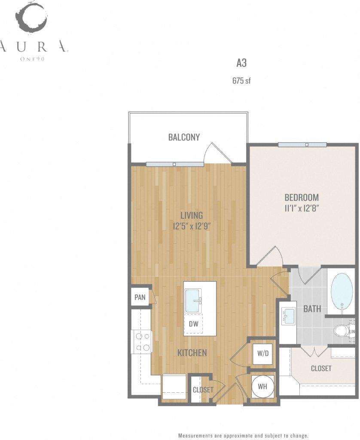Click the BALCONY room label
pos(184,137)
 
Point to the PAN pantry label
pos(140,297)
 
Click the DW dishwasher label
pos(194,324)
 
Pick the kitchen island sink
pos(193,301)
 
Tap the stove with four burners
pos(142,342)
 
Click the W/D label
pos(262,354)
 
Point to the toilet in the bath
pos(343,331)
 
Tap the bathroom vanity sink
pos(289,316)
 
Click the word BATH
pos(312,309)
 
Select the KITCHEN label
pos(192,353)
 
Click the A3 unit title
pos(241,63)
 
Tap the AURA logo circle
pos(31,17)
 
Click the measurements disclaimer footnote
pos(243,435)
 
